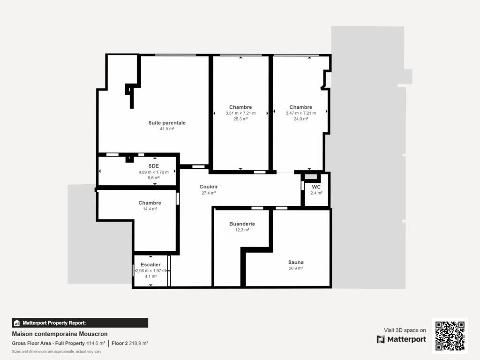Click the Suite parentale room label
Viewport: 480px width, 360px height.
tap(167, 123)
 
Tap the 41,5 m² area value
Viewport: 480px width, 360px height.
tap(167, 129)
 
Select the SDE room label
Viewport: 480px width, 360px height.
tap(153, 166)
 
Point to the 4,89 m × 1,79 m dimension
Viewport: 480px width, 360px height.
tap(153, 172)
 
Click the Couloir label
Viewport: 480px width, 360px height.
tap(209, 187)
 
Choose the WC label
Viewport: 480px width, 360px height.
tap(316, 187)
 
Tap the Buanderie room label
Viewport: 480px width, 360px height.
tap(241, 224)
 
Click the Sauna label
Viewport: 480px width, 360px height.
tap(296, 262)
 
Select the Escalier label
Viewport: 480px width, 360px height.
tap(150, 265)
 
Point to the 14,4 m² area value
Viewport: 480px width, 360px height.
tap(150, 209)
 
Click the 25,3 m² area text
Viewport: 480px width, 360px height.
tap(240, 119)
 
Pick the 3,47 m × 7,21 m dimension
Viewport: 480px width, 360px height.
tap(300, 113)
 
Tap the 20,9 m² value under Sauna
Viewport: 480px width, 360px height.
tap(296, 269)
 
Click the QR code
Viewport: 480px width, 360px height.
tap(450, 336)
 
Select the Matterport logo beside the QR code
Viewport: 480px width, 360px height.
tap(401, 339)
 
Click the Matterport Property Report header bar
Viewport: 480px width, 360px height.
tap(80, 322)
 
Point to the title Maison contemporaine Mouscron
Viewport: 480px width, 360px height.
tap(60, 334)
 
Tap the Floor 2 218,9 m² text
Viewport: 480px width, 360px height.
tap(130, 344)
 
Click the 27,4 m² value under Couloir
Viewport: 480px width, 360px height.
tap(209, 193)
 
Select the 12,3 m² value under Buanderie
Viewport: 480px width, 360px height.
tap(241, 230)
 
